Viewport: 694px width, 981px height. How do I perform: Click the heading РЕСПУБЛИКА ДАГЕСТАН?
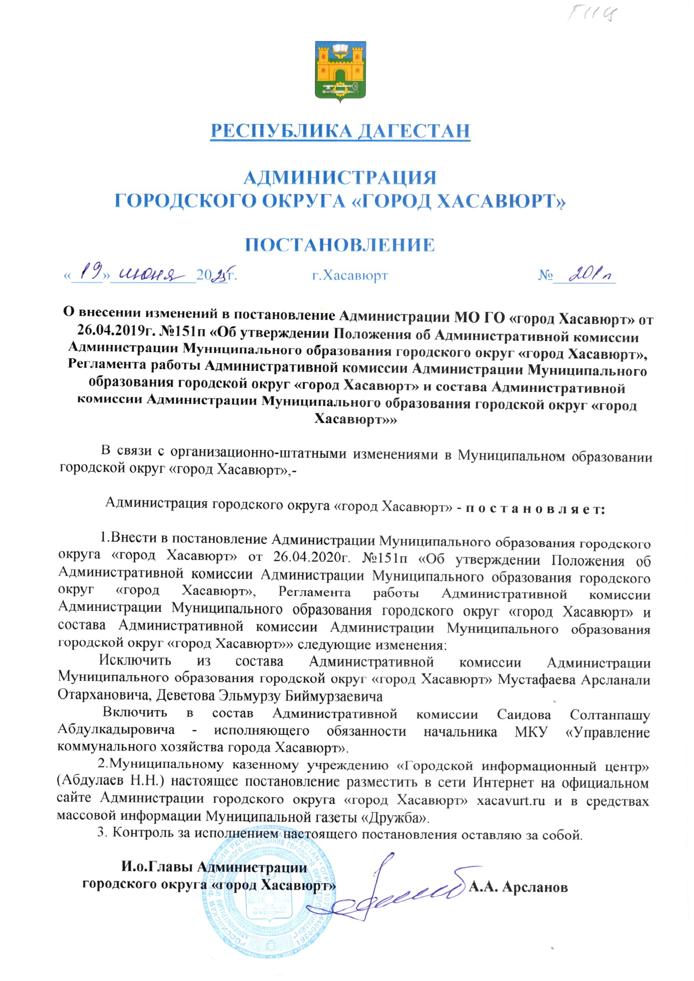pyautogui.click(x=341, y=131)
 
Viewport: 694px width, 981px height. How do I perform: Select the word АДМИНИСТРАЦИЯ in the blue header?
pyautogui.click(x=340, y=177)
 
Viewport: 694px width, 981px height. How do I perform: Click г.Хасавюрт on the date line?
pyautogui.click(x=350, y=276)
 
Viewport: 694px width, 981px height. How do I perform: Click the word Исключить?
pyautogui.click(x=136, y=661)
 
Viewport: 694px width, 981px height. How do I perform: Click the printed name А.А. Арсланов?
pyautogui.click(x=518, y=887)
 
